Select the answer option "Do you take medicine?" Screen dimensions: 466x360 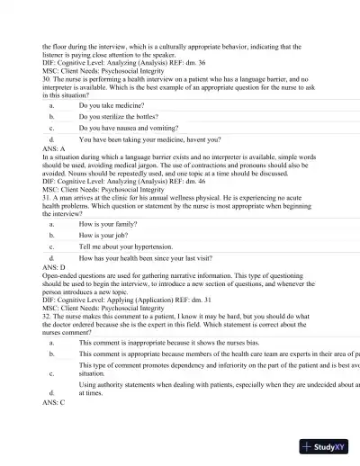pyautogui.click(x=113, y=105)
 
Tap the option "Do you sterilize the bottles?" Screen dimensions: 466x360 pyautogui.click(x=118, y=117)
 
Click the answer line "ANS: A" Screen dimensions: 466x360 pyautogui.click(x=54, y=149)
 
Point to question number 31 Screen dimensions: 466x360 pyautogui.click(x=47, y=198)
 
